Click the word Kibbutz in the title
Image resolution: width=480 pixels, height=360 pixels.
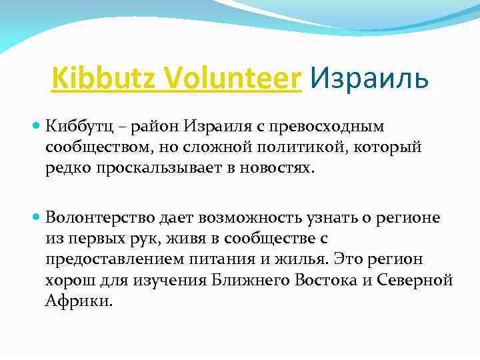(x=92, y=79)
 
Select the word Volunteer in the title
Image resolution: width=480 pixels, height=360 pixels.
(x=218, y=79)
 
